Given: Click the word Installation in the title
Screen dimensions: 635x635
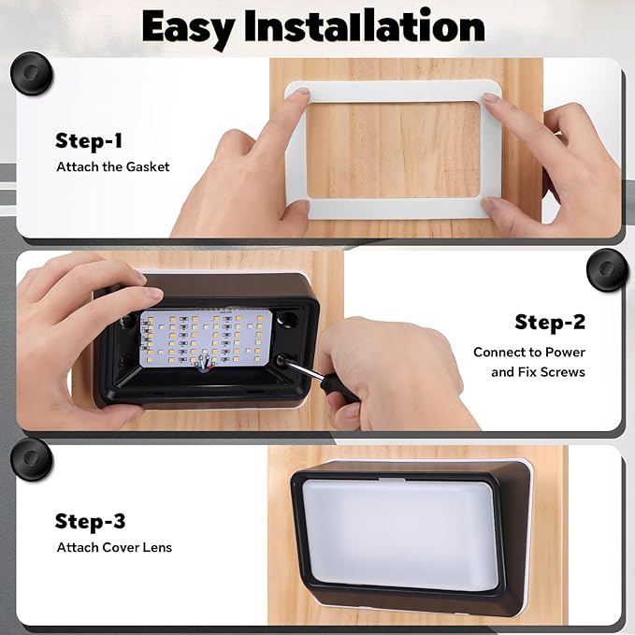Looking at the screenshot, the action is [365, 26].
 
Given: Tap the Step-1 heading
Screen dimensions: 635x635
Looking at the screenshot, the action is [89, 141].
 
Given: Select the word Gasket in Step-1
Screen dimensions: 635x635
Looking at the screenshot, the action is [148, 166].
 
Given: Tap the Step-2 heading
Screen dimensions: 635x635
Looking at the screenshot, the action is [550, 322].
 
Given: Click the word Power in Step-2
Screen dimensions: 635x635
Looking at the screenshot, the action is [565, 353].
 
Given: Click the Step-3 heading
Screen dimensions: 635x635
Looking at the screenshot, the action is [90, 521].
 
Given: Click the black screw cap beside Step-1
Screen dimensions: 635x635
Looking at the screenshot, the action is [31, 73].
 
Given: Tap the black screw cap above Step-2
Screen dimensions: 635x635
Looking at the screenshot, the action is [607, 269].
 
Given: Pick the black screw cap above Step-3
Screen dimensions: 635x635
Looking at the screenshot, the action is [31, 459].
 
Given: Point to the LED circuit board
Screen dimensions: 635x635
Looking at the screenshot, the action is [205, 339].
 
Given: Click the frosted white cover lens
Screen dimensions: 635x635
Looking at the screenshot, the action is [399, 534].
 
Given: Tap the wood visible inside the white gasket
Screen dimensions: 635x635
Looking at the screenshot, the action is [393, 150].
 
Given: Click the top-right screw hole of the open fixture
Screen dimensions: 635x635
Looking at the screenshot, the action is [288, 319].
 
